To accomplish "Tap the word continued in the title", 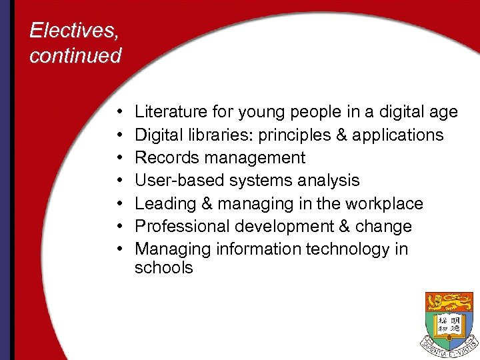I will point(75,55).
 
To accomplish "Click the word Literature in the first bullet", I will point(169,112).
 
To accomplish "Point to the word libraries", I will point(214,135).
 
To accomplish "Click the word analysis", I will point(327,180).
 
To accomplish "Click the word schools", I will point(163,267).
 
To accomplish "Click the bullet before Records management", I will point(117,158).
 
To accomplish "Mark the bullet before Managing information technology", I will point(117,249).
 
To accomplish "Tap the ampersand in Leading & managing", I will point(205,203).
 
